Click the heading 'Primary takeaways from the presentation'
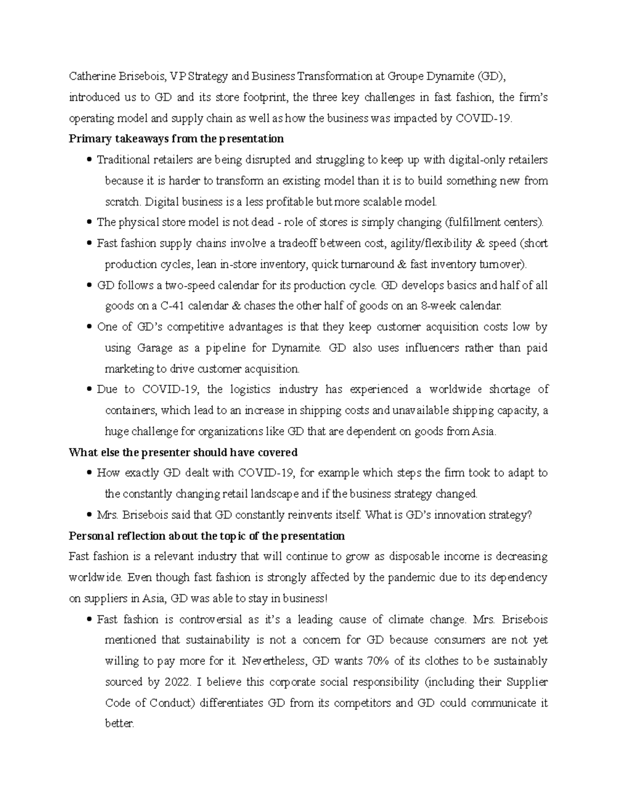[176, 139]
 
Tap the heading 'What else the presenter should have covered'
[184, 452]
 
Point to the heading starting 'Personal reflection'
[207, 536]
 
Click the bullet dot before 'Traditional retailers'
[90, 160]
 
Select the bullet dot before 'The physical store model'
[90, 223]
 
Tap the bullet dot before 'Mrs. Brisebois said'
[90, 515]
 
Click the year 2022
[178, 682]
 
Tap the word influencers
[431, 348]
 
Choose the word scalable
[375, 202]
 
